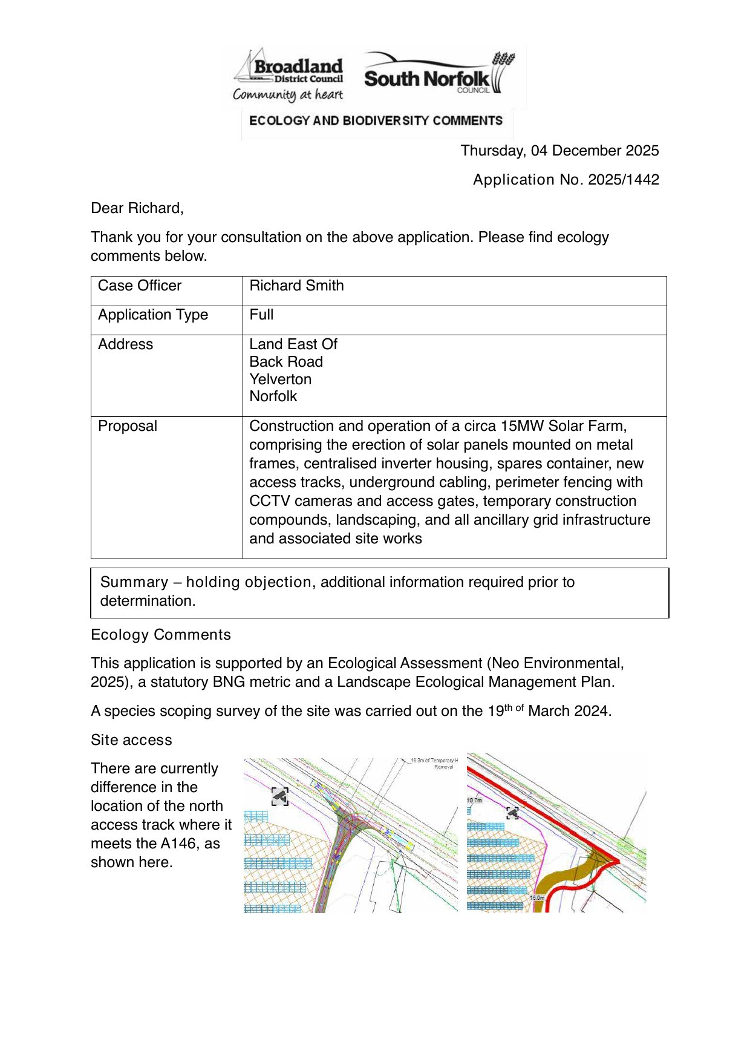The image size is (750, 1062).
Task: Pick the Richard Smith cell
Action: click(296, 286)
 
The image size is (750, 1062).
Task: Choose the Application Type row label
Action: click(153, 315)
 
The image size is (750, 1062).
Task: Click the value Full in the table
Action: click(261, 315)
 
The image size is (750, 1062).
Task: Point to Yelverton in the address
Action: click(280, 379)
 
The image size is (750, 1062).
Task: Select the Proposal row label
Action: click(128, 426)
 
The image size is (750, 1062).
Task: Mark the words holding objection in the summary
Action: click(249, 582)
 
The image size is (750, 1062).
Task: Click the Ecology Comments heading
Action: click(161, 635)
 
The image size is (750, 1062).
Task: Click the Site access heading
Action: click(131, 740)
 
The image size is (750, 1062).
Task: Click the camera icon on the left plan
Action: click(280, 797)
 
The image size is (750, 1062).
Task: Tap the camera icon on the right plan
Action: click(512, 813)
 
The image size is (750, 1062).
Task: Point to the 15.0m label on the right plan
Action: click(537, 898)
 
